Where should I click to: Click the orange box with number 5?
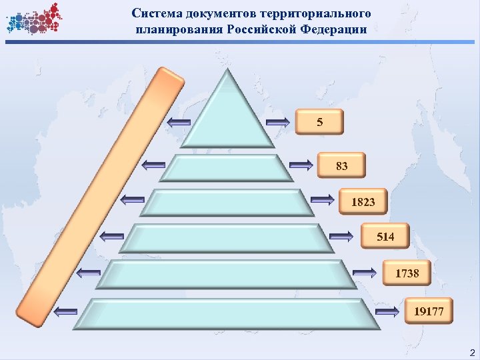320,122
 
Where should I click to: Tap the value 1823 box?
363,201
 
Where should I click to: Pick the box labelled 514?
385,237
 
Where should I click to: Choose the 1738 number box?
407,273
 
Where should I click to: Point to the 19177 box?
428,310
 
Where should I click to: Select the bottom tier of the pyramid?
227,313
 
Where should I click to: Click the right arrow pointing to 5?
278,122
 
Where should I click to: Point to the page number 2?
472,352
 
